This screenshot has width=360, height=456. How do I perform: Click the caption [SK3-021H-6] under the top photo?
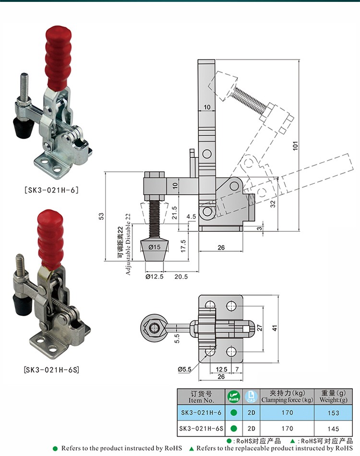[x=51, y=190]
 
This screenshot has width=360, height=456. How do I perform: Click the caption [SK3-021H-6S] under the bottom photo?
[x=51, y=370]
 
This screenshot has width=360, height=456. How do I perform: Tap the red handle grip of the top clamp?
[x=57, y=58]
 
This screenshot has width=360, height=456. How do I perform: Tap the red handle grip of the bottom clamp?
[x=50, y=240]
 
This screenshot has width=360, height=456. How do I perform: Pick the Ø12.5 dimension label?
[x=155, y=276]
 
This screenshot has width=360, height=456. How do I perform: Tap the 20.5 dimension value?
[x=181, y=276]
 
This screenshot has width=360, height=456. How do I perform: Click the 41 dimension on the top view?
[x=275, y=328]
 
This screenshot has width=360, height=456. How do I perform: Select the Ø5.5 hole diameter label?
[x=184, y=369]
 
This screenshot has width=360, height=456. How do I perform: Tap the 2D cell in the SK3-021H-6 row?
[x=252, y=413]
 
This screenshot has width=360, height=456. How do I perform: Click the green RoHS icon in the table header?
[x=233, y=396]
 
